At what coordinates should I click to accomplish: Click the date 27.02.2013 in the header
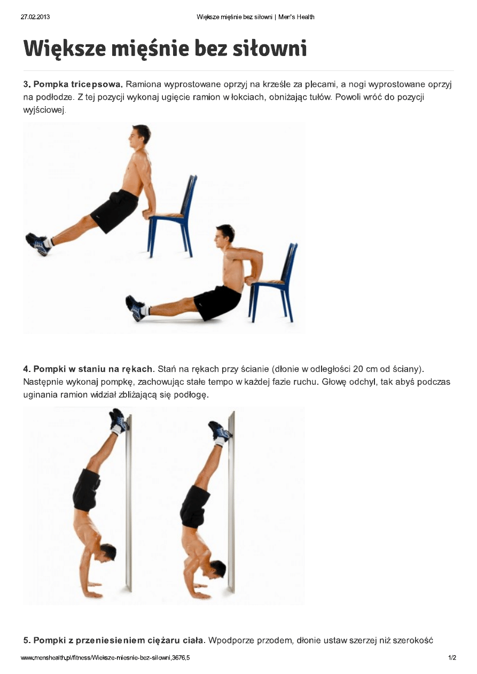coord(35,17)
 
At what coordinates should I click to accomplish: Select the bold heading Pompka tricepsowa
coord(78,84)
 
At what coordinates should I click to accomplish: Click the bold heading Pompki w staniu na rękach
coord(93,369)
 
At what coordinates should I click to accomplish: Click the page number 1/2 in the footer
coord(452,658)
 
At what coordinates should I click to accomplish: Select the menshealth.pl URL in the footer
coord(105,658)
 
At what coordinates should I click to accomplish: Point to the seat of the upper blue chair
coord(166,216)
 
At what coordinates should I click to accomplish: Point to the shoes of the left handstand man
coord(119,421)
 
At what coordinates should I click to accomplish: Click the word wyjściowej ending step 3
coord(44,110)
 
